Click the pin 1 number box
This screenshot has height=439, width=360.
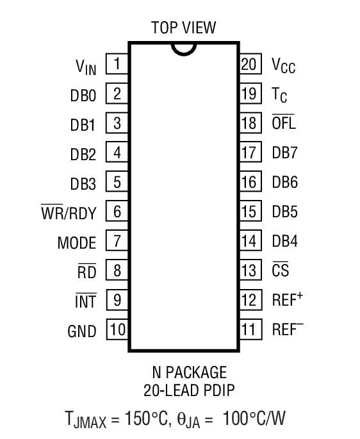pyautogui.click(x=117, y=64)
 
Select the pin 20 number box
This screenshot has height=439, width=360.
pyautogui.click(x=249, y=64)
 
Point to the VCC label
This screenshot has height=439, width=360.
pyautogui.click(x=283, y=66)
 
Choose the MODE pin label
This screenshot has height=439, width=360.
pyautogui.click(x=76, y=244)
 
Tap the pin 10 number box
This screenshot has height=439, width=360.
pyautogui.click(x=117, y=331)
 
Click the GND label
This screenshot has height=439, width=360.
pyautogui.click(x=81, y=332)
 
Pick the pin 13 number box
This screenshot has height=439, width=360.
pyautogui.click(x=249, y=271)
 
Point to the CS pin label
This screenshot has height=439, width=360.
pyautogui.click(x=280, y=271)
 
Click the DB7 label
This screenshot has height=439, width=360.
pyautogui.click(x=285, y=153)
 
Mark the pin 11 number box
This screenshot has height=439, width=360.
pyautogui.click(x=249, y=331)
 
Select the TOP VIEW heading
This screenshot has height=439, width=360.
pyautogui.click(x=183, y=28)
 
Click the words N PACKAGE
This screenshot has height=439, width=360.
pyautogui.click(x=188, y=372)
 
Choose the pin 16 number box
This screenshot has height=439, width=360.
pyautogui.click(x=249, y=183)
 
